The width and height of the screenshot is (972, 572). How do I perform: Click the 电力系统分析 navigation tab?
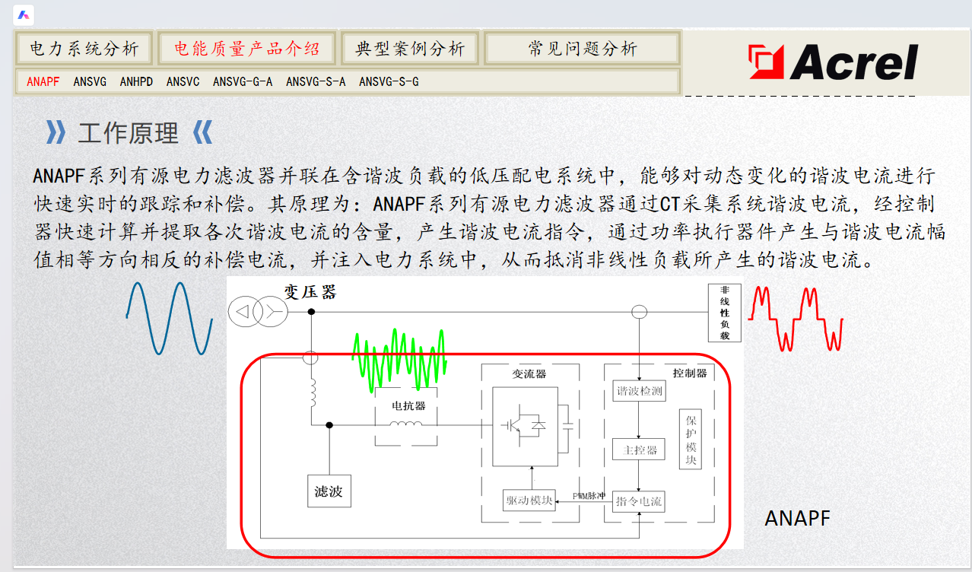84,49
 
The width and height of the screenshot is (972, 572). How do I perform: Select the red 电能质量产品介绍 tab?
247,49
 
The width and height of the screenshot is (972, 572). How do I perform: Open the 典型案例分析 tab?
410,49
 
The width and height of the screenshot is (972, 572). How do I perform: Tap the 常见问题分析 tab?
582,49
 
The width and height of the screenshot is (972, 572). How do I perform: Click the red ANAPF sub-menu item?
43,81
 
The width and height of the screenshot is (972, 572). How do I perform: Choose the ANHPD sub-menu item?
136,81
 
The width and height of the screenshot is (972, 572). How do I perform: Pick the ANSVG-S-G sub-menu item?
389,81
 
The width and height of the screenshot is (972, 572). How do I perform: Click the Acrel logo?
833,62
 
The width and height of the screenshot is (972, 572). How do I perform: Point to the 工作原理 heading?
128,134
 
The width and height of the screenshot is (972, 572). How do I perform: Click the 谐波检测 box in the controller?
639,391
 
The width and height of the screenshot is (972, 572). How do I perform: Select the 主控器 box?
639,450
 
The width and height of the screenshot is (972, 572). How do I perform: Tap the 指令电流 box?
639,501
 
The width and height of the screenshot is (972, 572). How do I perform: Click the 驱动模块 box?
529,500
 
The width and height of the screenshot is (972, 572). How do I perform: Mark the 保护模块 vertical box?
691,440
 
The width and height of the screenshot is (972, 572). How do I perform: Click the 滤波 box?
329,491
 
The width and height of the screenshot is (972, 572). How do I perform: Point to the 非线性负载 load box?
724,313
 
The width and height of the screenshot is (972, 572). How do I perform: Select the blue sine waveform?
169,318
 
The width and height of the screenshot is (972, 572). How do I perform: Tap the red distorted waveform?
796,318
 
